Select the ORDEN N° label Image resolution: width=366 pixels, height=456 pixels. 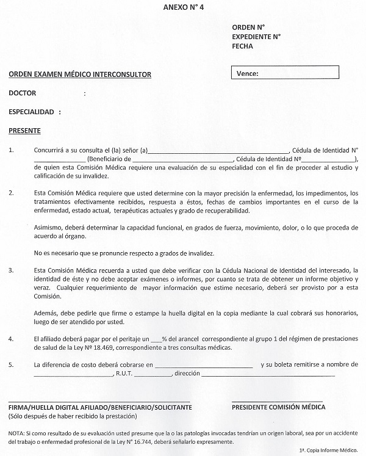pos(248,27)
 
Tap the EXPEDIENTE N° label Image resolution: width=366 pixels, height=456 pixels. pos(256,36)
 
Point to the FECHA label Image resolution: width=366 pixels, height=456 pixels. pos(242,46)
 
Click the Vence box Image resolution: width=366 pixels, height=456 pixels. pos(284,74)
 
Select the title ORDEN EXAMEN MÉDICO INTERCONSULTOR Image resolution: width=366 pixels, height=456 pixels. pos(80,74)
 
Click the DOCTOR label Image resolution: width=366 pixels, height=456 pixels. pos(23,93)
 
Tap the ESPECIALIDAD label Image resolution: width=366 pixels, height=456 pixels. pos(33,112)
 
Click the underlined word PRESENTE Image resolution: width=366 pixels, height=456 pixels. pos(25,131)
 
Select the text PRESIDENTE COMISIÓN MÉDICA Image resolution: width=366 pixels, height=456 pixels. pos(279,407)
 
